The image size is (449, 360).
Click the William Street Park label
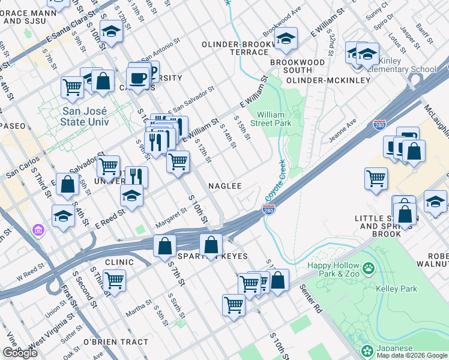pyautogui.click(x=275, y=119)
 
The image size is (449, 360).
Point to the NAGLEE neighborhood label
pyautogui.click(x=224, y=186)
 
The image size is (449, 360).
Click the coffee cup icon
pyautogui.click(x=137, y=77)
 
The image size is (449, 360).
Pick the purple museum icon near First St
pyautogui.click(x=38, y=230)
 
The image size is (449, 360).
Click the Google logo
pyautogui.click(x=20, y=352)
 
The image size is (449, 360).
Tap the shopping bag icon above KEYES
pyautogui.click(x=211, y=244)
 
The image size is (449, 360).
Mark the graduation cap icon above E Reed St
pyautogui.click(x=132, y=194)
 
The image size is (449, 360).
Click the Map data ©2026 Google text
pyautogui.click(x=412, y=355)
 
